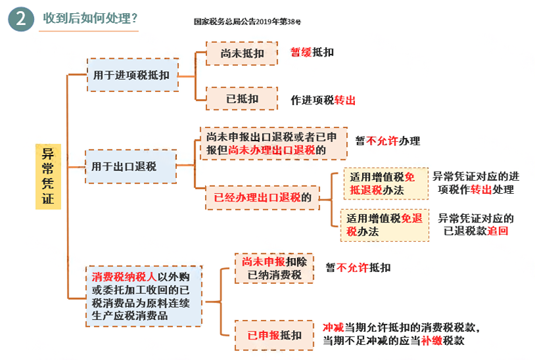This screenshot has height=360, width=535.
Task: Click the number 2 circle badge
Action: coord(21,20)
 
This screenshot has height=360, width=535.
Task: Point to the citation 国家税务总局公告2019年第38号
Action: coord(247,22)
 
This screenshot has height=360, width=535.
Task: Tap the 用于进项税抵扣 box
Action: coord(131,75)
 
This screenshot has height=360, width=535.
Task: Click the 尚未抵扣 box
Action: coord(242,53)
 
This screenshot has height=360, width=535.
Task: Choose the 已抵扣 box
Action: coord(242,99)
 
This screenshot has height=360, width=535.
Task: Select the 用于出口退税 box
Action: coord(131,166)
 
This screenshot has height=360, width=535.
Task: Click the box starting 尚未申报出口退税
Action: coord(273,144)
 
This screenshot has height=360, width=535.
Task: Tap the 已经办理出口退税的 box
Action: coord(262,196)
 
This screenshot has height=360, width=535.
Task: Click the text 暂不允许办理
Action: coord(387,141)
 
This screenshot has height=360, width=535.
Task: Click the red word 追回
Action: coord(498,231)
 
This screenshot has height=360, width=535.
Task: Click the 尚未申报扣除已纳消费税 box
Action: coord(274,268)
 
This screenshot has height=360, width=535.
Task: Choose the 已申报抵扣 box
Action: coord(274,335)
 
